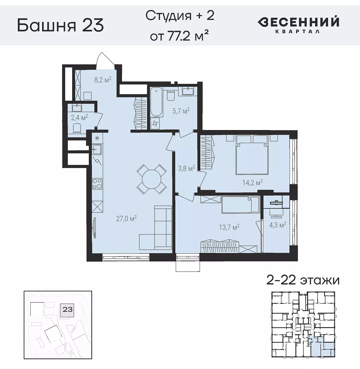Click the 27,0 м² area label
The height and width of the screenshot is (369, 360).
[x=126, y=219]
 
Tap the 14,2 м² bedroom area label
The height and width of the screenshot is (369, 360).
[x=252, y=183]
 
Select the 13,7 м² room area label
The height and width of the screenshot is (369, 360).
[x=229, y=227]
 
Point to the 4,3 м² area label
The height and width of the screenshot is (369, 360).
[x=277, y=225]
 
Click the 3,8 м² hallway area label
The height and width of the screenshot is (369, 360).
[x=186, y=168]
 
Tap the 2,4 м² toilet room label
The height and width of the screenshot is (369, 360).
[x=79, y=117]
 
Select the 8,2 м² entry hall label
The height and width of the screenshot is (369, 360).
[x=103, y=80]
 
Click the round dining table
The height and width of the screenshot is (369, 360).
[x=152, y=179]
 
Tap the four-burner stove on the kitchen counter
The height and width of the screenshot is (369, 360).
[x=97, y=184]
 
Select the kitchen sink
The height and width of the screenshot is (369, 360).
[x=97, y=150]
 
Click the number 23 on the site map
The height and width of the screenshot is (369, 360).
[x=67, y=309]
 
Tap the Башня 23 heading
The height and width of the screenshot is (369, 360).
[x=60, y=26]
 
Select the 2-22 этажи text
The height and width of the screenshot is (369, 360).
[x=302, y=280]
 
